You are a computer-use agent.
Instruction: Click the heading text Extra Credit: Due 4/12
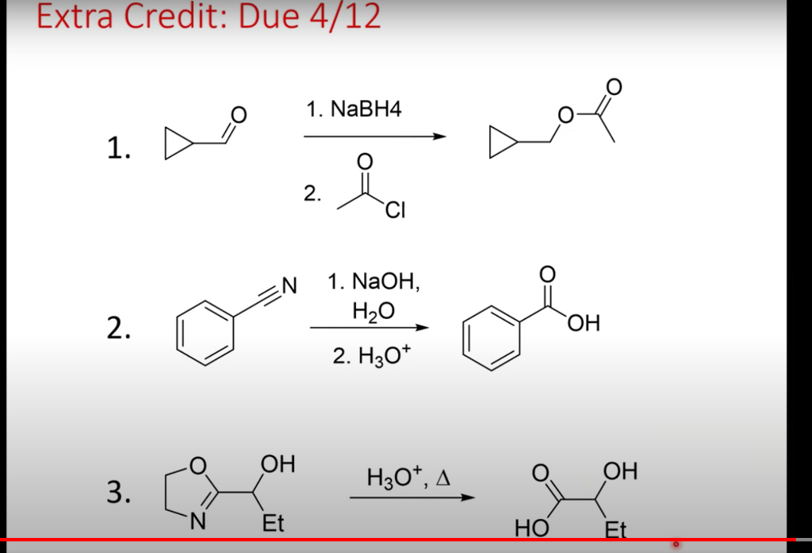click(x=209, y=17)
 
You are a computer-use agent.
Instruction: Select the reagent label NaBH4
click(x=366, y=109)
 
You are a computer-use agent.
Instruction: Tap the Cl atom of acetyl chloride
click(x=396, y=212)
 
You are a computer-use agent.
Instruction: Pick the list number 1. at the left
click(x=119, y=148)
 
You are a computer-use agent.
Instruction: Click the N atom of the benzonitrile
click(x=288, y=283)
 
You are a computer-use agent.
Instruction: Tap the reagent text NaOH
click(x=380, y=281)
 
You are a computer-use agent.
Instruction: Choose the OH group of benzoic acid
click(x=584, y=323)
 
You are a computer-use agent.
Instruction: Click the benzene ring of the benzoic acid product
click(x=492, y=337)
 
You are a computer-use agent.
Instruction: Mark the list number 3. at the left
click(x=119, y=493)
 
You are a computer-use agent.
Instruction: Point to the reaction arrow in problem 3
click(x=412, y=498)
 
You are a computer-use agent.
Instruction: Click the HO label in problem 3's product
click(x=527, y=528)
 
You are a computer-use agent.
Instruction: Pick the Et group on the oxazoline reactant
click(x=273, y=524)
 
